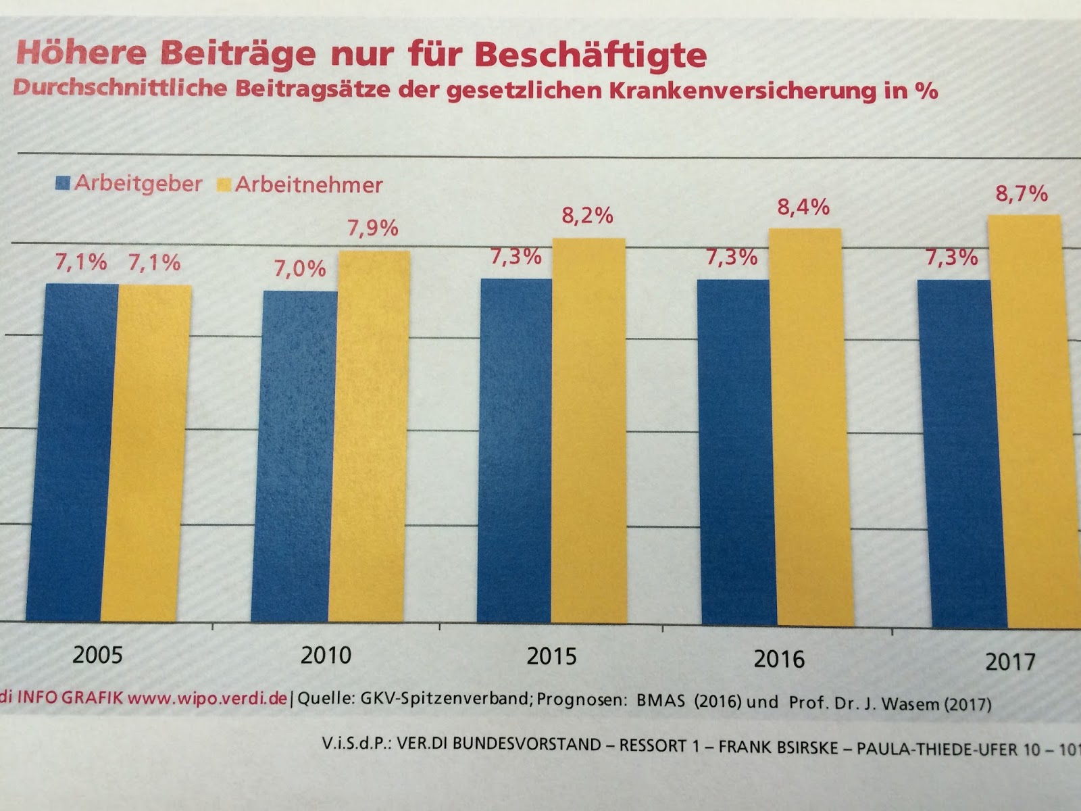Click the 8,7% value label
[1021, 194]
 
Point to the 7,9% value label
[373, 228]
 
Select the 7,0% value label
[299, 269]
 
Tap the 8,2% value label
[587, 216]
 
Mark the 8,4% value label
[803, 207]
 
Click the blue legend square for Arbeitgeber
[64, 182]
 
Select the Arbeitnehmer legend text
[309, 185]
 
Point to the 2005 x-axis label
[98, 654]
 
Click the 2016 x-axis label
[779, 659]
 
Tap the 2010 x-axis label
[326, 655]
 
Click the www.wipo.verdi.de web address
[207, 697]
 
